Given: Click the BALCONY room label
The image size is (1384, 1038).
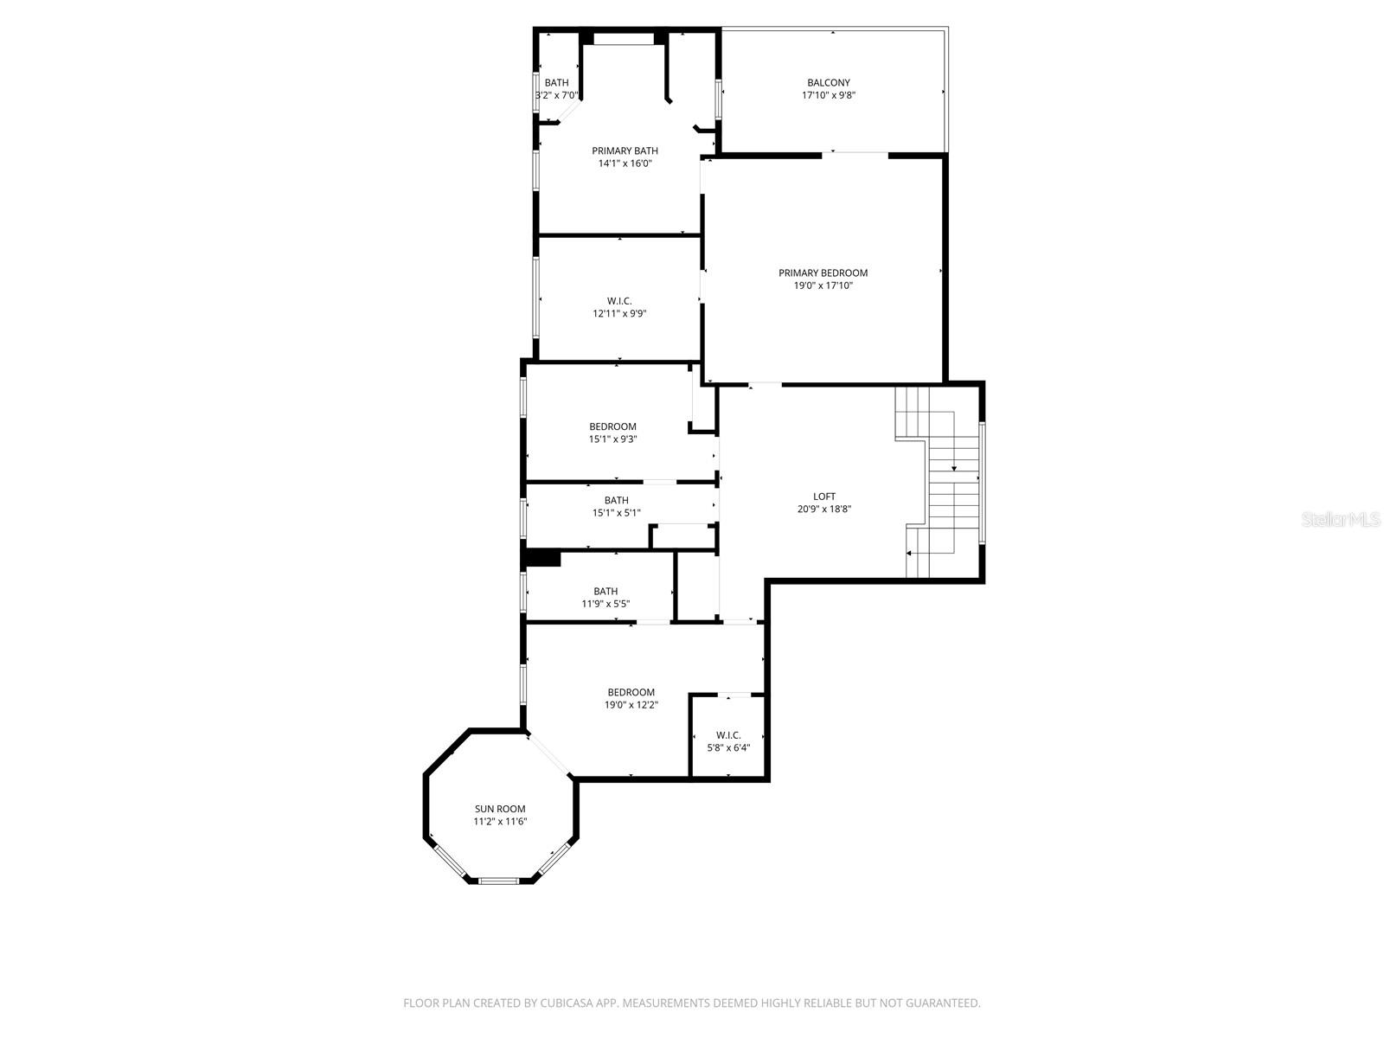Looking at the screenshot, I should click(829, 83).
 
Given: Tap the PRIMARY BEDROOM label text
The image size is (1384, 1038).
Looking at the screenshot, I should click(823, 272).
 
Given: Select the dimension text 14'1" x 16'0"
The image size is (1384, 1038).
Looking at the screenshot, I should click(625, 163).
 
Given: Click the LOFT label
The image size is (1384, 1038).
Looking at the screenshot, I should click(824, 497).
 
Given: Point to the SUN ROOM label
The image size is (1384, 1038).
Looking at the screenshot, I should click(499, 809).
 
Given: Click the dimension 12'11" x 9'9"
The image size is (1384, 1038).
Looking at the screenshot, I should click(619, 314).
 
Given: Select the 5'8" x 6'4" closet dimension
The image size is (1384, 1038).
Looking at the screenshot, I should click(728, 748).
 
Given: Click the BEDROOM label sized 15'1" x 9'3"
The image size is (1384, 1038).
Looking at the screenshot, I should click(612, 426).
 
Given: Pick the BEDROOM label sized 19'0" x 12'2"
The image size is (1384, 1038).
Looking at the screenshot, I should click(631, 692).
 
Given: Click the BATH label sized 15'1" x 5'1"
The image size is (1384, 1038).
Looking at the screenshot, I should click(616, 500).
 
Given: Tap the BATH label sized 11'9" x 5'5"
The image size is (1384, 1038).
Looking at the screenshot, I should click(605, 592).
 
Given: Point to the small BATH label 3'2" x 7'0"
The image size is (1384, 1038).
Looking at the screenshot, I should click(556, 83).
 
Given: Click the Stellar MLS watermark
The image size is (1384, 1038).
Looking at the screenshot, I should click(1341, 520).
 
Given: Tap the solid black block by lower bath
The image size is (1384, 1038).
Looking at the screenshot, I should click(543, 559).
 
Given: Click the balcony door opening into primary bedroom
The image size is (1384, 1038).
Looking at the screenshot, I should click(855, 154).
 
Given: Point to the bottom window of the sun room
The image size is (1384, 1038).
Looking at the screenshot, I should click(499, 881).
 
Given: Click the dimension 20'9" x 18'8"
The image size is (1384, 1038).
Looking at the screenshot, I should click(824, 509).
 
